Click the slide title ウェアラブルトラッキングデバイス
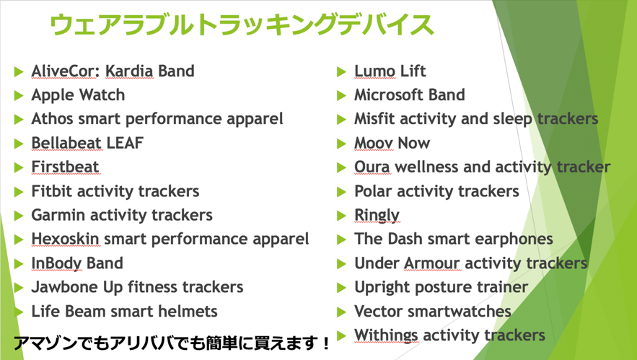point(242,25)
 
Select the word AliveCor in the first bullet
point(63,71)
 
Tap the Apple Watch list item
point(78,95)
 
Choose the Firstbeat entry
point(65,167)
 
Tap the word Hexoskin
point(65,239)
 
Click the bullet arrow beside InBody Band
point(19,264)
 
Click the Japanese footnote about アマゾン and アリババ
point(172,343)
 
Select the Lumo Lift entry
point(390,71)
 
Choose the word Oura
point(372,167)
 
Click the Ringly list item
point(377,215)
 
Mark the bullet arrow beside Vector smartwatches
point(342,312)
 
